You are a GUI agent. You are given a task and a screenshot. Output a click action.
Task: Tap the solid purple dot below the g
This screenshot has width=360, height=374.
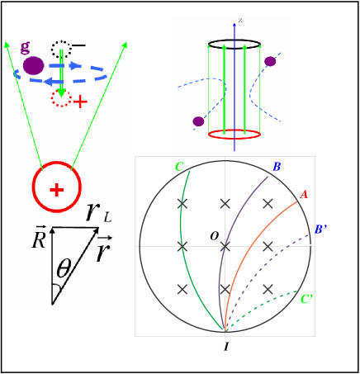click(x=33, y=66)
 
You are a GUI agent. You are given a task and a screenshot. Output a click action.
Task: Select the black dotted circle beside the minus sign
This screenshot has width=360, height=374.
click(x=60, y=50)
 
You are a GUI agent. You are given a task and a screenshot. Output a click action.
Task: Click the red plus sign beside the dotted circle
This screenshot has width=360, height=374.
click(x=80, y=102)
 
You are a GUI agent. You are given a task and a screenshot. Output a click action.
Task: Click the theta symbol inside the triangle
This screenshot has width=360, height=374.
click(x=64, y=270)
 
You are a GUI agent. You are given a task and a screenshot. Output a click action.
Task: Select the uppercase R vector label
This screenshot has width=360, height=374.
click(x=39, y=240)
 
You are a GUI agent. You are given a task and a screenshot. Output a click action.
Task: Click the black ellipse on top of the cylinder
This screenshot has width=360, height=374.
click(x=234, y=44)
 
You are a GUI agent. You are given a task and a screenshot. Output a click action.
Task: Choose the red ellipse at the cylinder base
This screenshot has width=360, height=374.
click(x=234, y=132)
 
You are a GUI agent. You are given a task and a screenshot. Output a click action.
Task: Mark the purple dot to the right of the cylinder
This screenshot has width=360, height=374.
click(x=270, y=61)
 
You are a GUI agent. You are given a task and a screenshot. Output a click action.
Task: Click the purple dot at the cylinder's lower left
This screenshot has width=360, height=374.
click(x=198, y=121)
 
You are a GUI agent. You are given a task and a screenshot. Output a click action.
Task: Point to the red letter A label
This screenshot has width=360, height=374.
click(x=304, y=195)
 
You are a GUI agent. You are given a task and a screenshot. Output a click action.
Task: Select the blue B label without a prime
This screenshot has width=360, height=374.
click(x=277, y=168)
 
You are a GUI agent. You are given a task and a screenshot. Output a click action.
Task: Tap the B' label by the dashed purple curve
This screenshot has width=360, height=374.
click(x=322, y=230)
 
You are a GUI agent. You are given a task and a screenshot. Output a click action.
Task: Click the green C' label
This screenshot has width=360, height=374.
click(x=306, y=299)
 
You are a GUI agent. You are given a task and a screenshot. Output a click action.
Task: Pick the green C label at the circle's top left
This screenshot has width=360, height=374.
click(x=178, y=167)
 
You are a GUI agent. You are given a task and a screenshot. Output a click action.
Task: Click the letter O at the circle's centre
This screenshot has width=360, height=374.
click(x=214, y=237)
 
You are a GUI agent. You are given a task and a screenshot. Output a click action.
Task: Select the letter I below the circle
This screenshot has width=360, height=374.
click(x=225, y=348)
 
